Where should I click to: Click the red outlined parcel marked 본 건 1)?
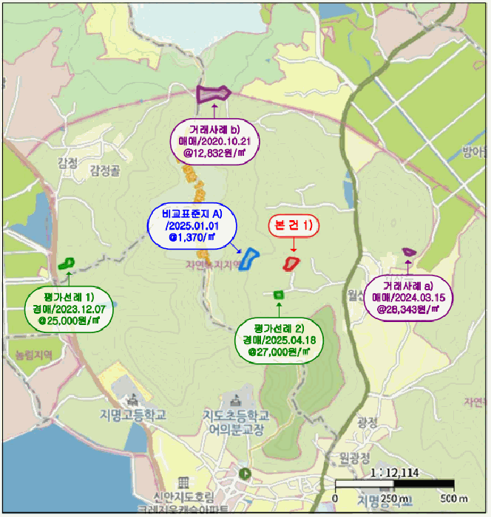tap(292, 262)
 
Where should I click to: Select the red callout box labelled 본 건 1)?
tap(293, 225)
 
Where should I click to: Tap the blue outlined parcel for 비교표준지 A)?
tap(251, 259)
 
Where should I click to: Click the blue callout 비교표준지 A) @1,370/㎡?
tap(191, 225)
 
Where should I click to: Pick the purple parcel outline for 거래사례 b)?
tap(214, 94)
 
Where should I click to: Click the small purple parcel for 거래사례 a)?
tap(408, 252)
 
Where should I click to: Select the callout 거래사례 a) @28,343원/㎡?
tap(408, 297)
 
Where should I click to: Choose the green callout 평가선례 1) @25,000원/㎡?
tap(62, 309)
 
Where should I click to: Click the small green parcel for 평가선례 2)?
tap(279, 294)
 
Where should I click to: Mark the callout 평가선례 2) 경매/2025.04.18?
tap(278, 340)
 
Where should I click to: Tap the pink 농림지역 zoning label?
tap(30, 355)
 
